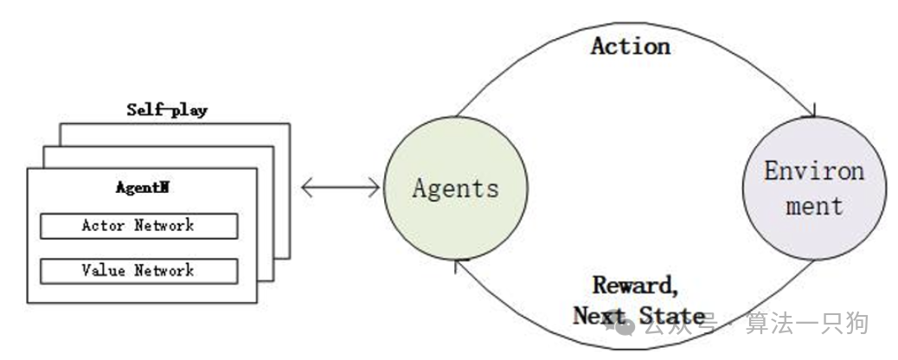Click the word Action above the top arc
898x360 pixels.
(x=630, y=46)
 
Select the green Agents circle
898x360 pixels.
(x=455, y=188)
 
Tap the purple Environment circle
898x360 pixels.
(x=813, y=188)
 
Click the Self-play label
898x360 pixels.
(x=167, y=110)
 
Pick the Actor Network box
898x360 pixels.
(x=138, y=226)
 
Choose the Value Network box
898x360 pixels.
(x=138, y=271)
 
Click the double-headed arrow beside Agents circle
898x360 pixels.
(x=341, y=185)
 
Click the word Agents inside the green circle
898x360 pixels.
(x=455, y=188)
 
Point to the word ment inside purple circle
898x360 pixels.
(x=813, y=206)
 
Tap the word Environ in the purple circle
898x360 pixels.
(x=813, y=171)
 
